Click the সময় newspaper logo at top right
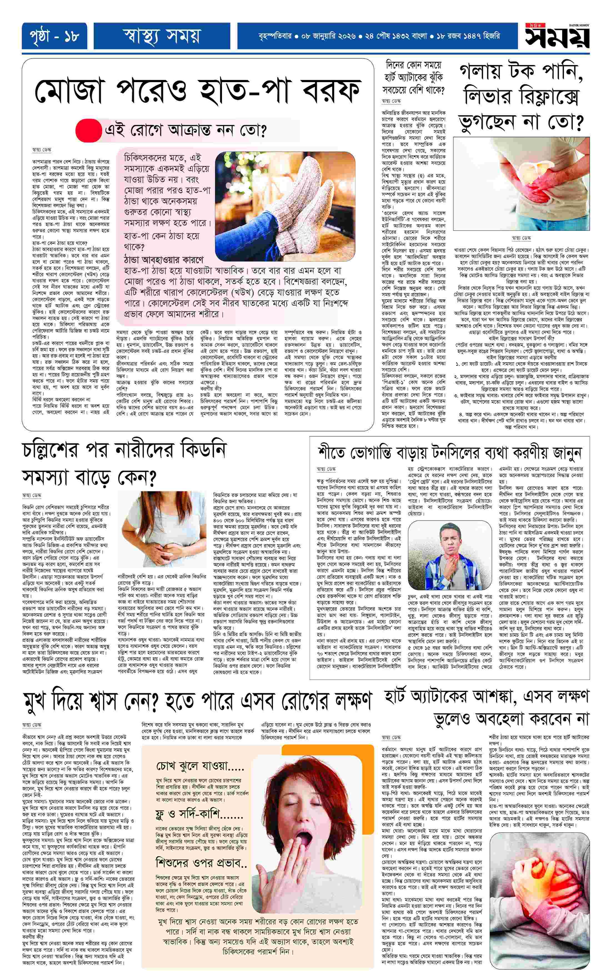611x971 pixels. click(557, 38)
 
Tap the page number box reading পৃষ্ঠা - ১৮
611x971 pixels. click(51, 37)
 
